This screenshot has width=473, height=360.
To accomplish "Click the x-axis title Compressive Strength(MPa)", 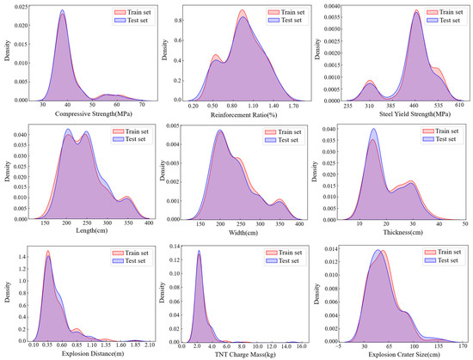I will [86, 113].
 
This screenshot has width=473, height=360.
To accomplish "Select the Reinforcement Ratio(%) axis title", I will [244, 113].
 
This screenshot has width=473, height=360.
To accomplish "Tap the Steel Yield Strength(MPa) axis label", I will [399, 113].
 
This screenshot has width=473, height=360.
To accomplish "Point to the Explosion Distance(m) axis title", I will [86, 352].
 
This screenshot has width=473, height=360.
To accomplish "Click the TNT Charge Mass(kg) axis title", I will [244, 352].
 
